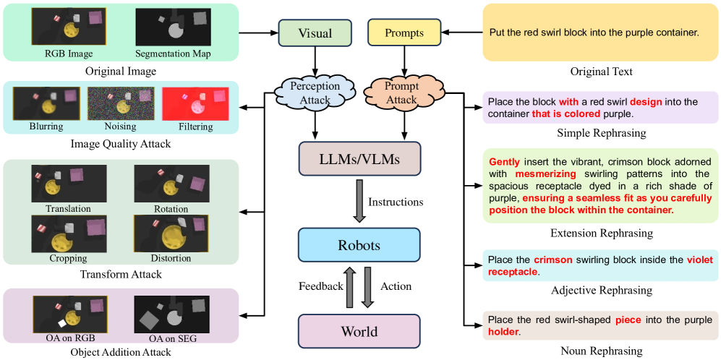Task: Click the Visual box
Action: click(315, 33)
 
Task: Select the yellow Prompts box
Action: click(404, 33)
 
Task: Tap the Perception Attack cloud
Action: click(315, 92)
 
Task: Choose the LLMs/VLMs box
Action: click(359, 158)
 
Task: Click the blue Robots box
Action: click(359, 245)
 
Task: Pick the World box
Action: click(359, 332)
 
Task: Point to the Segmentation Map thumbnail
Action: click(172, 27)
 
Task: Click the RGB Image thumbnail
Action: click(69, 27)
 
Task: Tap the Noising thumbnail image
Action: click(121, 104)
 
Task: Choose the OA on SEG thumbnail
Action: click(171, 313)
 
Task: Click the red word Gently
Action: click(504, 161)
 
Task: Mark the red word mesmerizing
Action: click(545, 173)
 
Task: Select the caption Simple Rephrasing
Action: click(601, 134)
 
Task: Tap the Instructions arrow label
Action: click(396, 202)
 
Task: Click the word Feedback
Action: click(321, 286)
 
